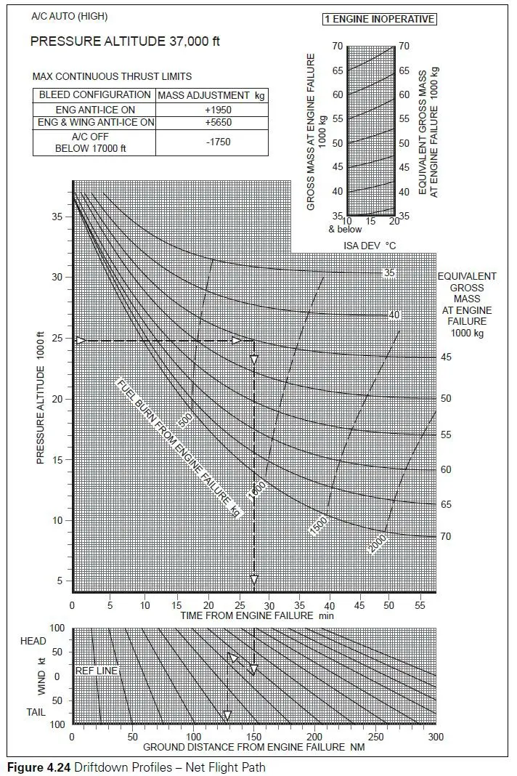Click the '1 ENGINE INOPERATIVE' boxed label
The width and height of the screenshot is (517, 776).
coord(379,19)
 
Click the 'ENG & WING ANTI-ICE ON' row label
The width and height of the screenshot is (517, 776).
coord(97,123)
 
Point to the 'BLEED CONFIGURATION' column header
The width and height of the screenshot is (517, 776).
coord(94,95)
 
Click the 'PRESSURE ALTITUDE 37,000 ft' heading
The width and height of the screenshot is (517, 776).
coord(125,41)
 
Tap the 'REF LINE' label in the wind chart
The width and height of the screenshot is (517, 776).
coord(97,671)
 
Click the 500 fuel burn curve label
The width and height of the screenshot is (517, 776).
coord(184,420)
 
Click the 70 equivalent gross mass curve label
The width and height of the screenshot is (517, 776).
coord(445,537)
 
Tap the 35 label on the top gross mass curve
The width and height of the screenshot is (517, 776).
coord(390,273)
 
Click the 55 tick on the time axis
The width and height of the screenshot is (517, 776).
coord(419,605)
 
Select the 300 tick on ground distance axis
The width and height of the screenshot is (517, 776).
coord(436,737)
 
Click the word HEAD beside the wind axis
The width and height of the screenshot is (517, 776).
coord(33,641)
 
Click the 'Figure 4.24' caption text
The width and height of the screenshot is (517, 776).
coord(38,767)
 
